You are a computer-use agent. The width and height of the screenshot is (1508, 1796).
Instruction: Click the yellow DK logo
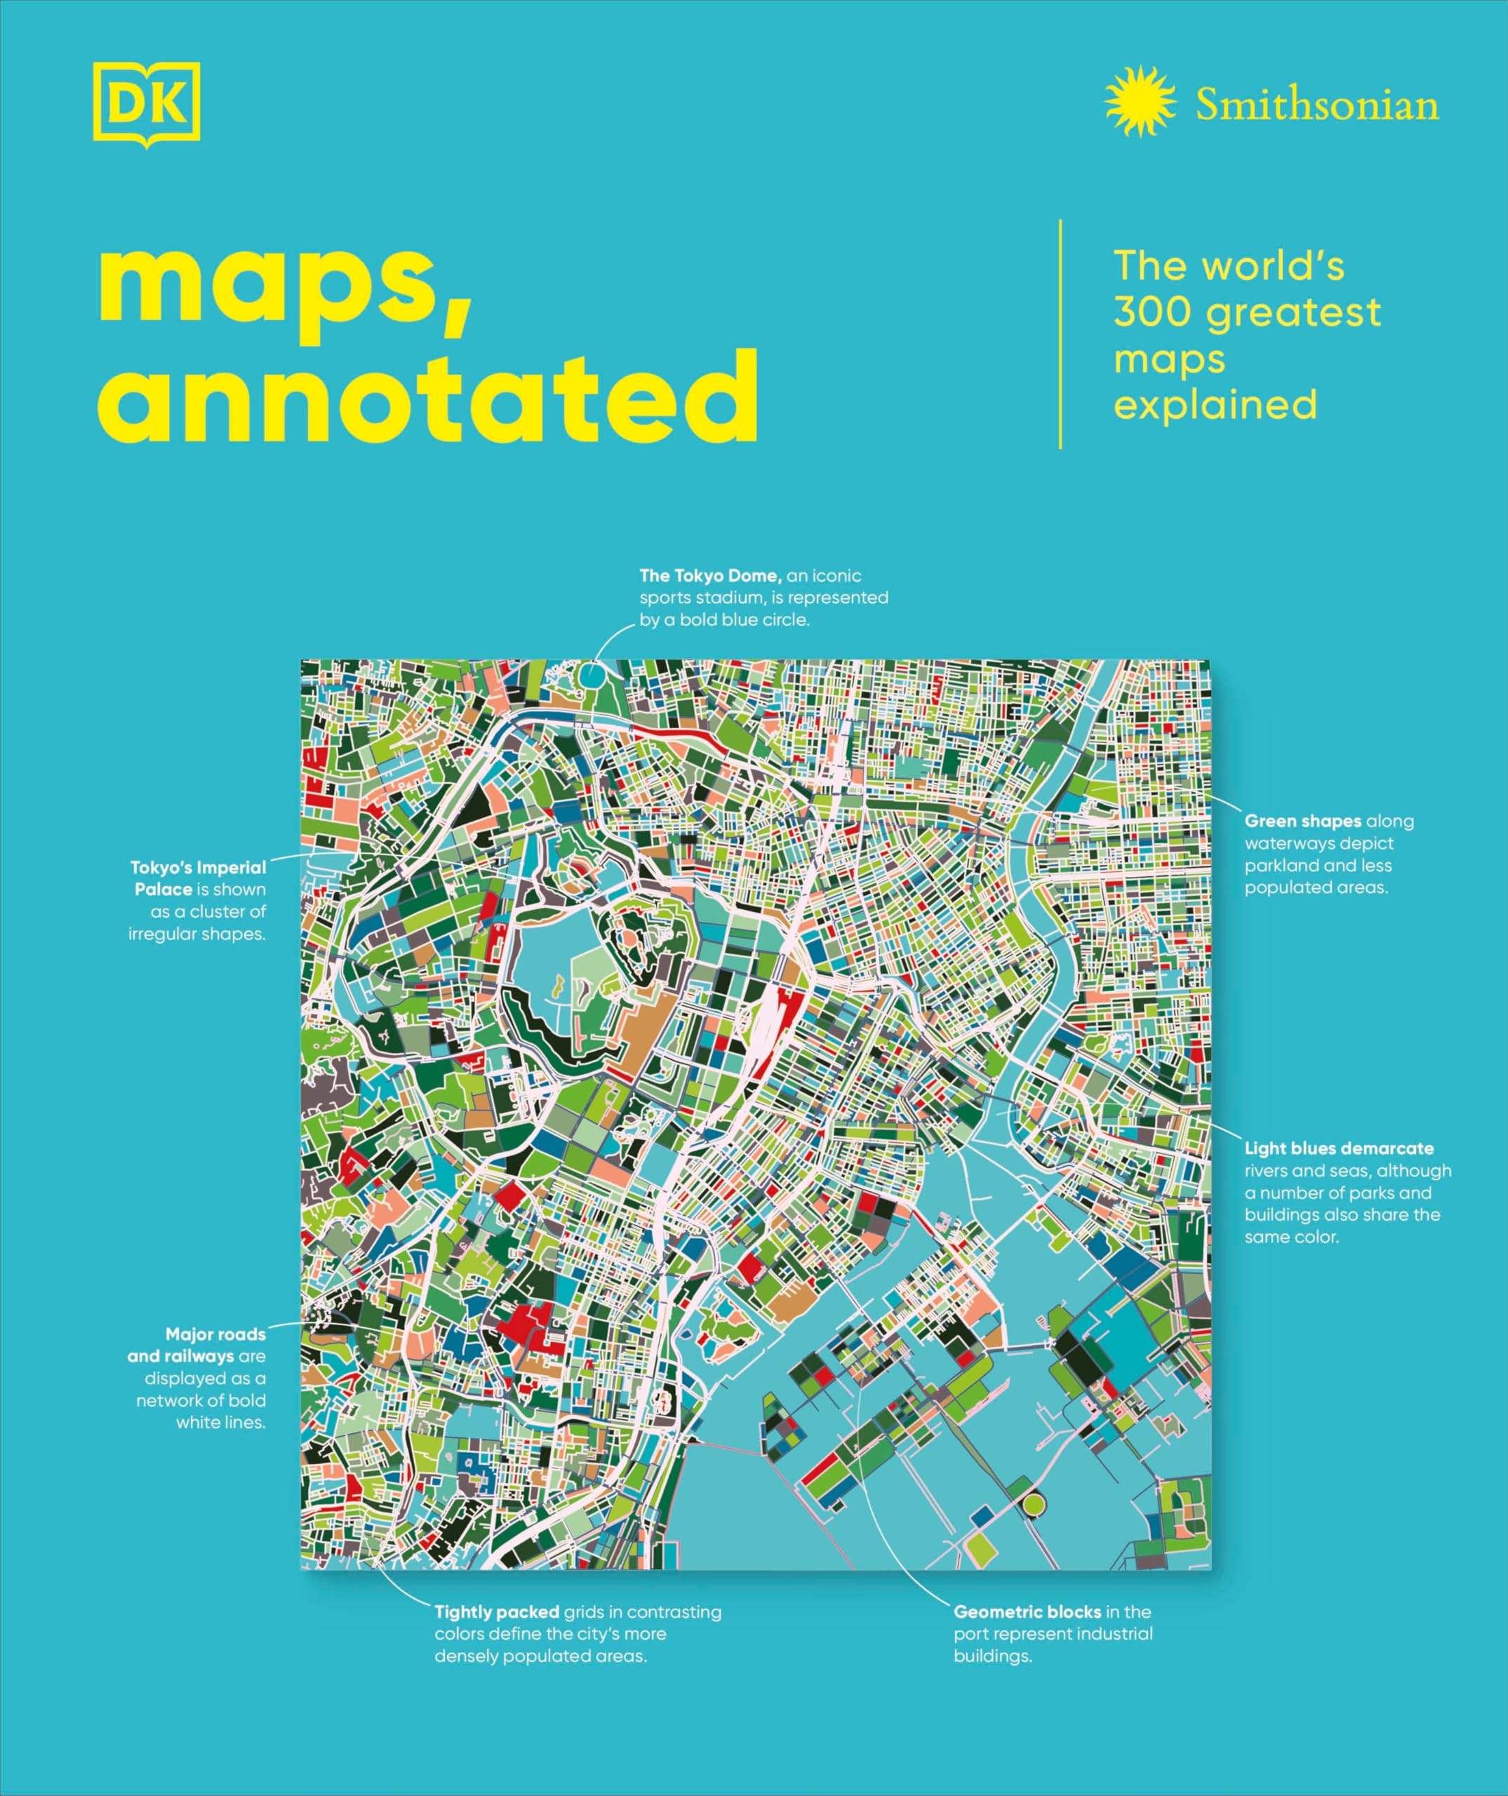[146, 104]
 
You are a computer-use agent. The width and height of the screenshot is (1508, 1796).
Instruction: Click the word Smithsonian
[1316, 105]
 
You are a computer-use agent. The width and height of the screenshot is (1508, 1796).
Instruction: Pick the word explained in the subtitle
[1215, 405]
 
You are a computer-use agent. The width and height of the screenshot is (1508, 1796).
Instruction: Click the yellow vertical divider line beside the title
[1060, 333]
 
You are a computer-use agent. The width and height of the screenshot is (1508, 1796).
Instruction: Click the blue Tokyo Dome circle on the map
[591, 675]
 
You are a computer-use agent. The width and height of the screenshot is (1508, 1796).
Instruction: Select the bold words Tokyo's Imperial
[199, 867]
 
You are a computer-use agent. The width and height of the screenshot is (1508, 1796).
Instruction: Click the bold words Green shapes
[1302, 821]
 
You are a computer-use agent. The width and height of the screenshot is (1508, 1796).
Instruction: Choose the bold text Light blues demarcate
[1339, 1148]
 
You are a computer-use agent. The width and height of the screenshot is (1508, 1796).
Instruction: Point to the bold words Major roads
[215, 1334]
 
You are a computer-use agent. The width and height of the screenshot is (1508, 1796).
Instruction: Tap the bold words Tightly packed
[496, 1612]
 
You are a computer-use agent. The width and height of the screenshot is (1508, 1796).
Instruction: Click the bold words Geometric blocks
[1027, 1612]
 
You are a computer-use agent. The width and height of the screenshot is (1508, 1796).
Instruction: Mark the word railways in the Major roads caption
[202, 1356]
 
